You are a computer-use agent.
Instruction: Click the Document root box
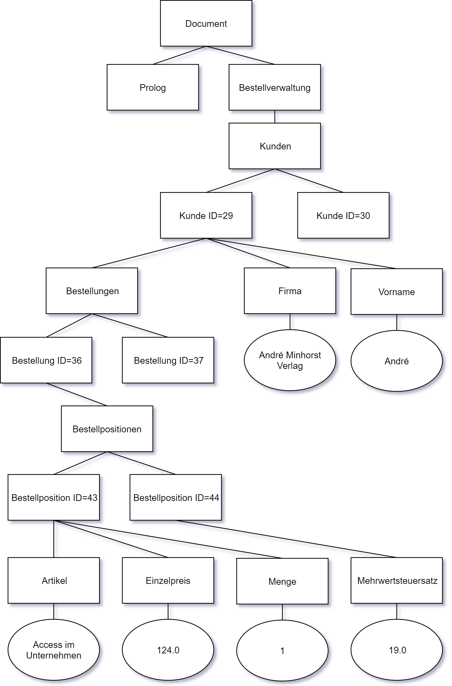click(206, 23)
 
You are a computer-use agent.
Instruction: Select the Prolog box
click(152, 88)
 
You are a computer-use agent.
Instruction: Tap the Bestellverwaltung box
click(274, 88)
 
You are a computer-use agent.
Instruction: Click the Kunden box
click(274, 146)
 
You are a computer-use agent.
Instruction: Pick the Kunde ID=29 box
click(206, 216)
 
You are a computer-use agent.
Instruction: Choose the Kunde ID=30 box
click(343, 216)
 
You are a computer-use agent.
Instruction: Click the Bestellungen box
click(92, 291)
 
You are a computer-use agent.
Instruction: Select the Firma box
click(290, 291)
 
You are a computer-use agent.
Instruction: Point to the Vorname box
click(396, 292)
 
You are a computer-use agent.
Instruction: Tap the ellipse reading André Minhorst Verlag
click(290, 360)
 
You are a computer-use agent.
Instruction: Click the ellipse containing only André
click(396, 361)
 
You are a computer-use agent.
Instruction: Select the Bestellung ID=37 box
click(168, 360)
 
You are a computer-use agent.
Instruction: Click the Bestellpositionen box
click(107, 429)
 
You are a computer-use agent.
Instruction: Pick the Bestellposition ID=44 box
click(176, 498)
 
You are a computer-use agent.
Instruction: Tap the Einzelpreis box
click(168, 581)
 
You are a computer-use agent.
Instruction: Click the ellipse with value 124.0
click(168, 650)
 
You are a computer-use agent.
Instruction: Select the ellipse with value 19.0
click(396, 650)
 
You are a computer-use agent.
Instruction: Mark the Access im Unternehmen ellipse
click(54, 650)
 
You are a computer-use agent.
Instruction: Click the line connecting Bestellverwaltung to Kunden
click(275, 117)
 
